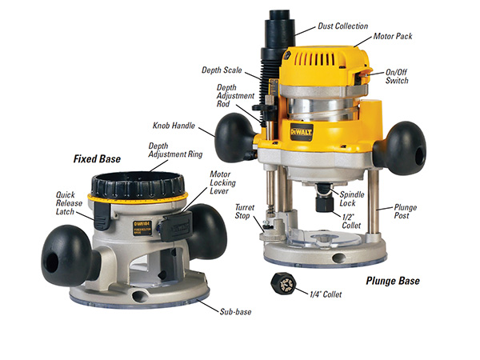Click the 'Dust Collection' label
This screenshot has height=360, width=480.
pos(343,26)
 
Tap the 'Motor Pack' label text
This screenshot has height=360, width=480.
pos(393,37)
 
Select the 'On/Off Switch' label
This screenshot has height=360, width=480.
pos(397,76)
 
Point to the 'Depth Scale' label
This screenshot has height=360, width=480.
pos(222,70)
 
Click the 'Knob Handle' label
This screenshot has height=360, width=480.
pos(174,126)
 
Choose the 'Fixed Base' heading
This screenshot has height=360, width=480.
pos(97,158)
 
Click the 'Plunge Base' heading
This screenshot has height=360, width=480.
pos(393,281)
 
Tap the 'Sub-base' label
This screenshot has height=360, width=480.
pos(235,312)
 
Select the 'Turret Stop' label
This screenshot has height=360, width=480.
pos(244,211)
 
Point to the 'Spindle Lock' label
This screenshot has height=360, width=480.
pos(352,198)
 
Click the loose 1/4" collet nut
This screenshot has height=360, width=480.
pos(283,284)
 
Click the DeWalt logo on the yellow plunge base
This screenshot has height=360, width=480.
pos(302,132)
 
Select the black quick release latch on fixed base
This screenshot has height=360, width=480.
pos(102,215)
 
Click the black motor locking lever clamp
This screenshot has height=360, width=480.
pos(176,226)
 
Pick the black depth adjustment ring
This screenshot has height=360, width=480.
pos(138,186)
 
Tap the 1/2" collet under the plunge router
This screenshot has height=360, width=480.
pos(325,203)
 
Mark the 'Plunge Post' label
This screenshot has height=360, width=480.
pos(406,211)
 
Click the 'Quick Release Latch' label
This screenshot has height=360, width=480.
pos(69,203)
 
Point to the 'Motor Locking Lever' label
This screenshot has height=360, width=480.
pos(222,182)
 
